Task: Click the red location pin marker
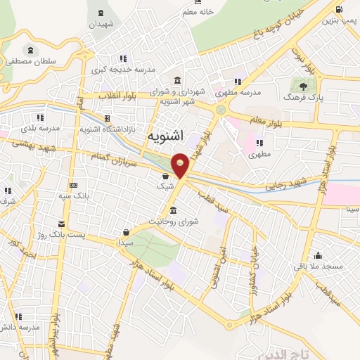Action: pyautogui.click(x=181, y=165)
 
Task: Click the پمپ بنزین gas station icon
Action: pyautogui.click(x=340, y=9)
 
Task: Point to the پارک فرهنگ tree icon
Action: pyautogui.click(x=303, y=86)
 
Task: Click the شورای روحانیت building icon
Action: pyautogui.click(x=173, y=211)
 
